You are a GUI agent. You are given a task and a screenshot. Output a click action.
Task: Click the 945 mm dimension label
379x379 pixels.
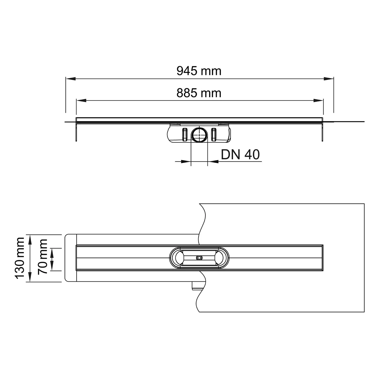click(199, 71)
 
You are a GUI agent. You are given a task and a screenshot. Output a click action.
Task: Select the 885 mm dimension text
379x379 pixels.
click(199, 93)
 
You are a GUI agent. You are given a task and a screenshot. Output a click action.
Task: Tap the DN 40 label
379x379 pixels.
click(240, 155)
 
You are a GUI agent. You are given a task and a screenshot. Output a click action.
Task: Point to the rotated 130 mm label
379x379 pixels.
click(20, 258)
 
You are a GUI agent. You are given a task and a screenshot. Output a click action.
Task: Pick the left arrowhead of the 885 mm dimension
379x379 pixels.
click(81, 101)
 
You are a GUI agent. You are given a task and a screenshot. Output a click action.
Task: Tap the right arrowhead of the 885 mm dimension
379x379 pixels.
click(318, 101)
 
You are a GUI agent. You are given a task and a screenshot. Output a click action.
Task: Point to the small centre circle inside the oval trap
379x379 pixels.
click(199, 258)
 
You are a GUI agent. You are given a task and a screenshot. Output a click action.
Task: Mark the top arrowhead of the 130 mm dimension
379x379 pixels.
click(30, 239)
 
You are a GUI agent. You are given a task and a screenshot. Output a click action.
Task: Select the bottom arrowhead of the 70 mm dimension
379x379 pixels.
click(53, 266)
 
